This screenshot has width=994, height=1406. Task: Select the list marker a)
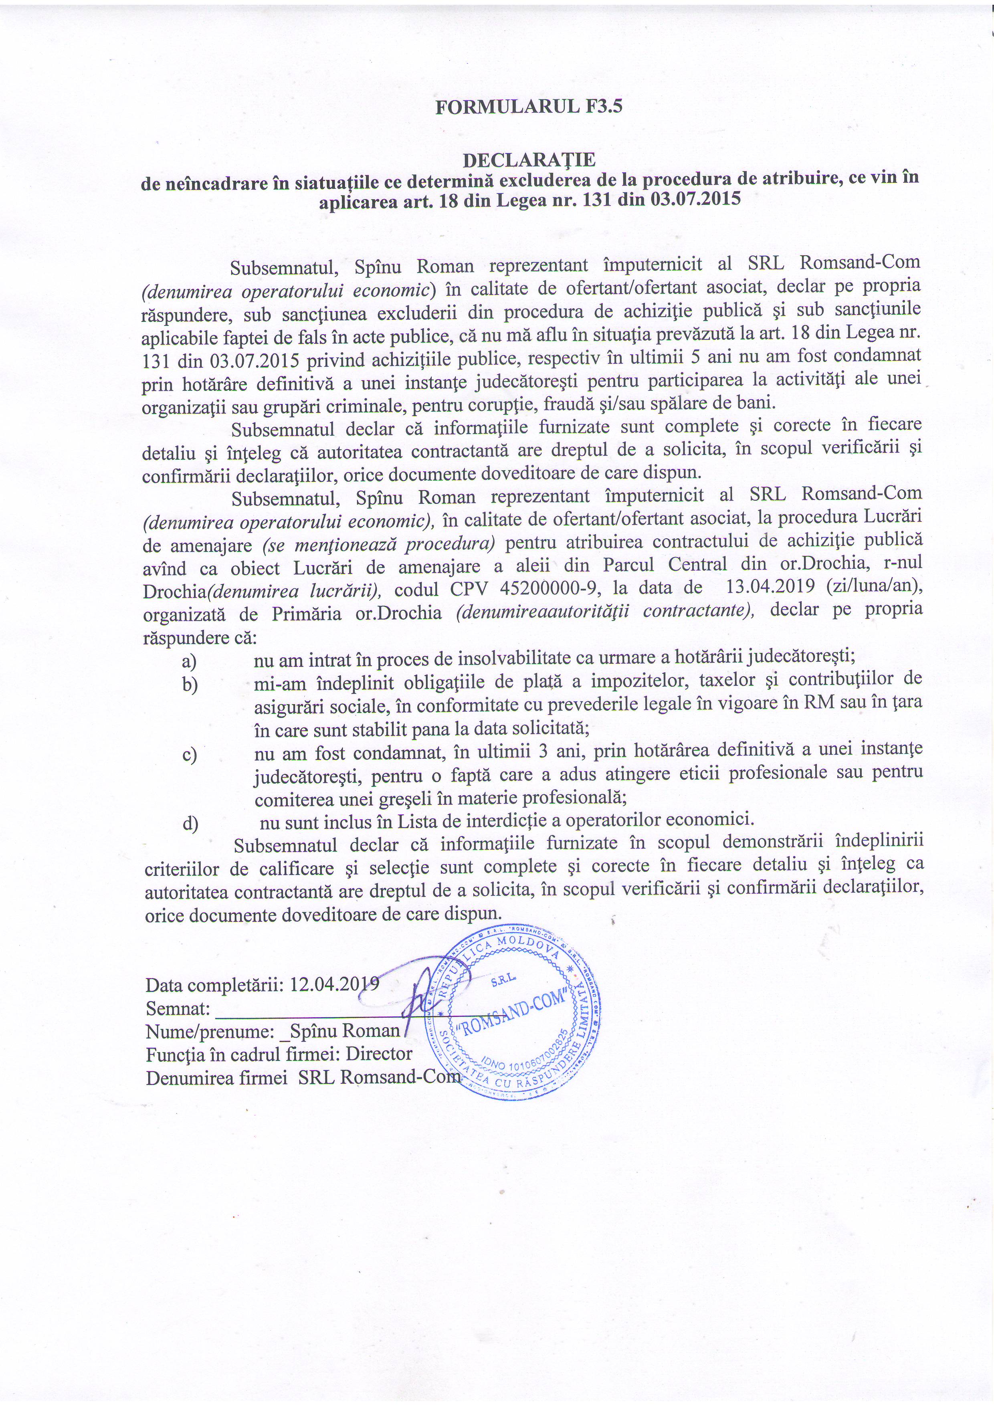(189, 661)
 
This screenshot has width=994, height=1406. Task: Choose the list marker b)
(189, 684)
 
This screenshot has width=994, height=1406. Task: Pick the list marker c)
(189, 754)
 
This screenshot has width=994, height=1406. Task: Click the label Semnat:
(178, 1007)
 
